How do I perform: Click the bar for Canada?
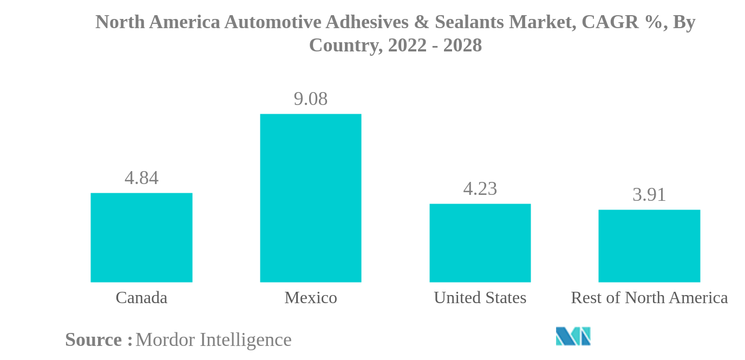click(141, 237)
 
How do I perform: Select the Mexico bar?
click(310, 198)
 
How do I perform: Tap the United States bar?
click(480, 243)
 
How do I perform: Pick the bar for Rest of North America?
click(649, 246)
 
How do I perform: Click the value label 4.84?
click(141, 178)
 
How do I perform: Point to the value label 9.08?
click(310, 99)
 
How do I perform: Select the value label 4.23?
click(480, 189)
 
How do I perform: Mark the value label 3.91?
click(649, 195)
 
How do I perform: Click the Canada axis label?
click(141, 298)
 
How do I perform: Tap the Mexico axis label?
click(310, 298)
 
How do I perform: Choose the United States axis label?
click(480, 298)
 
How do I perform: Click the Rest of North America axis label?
click(649, 298)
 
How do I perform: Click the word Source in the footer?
click(94, 340)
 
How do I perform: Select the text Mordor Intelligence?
click(213, 340)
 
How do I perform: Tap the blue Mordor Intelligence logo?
click(573, 336)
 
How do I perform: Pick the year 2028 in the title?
click(462, 46)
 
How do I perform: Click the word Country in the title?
click(343, 46)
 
